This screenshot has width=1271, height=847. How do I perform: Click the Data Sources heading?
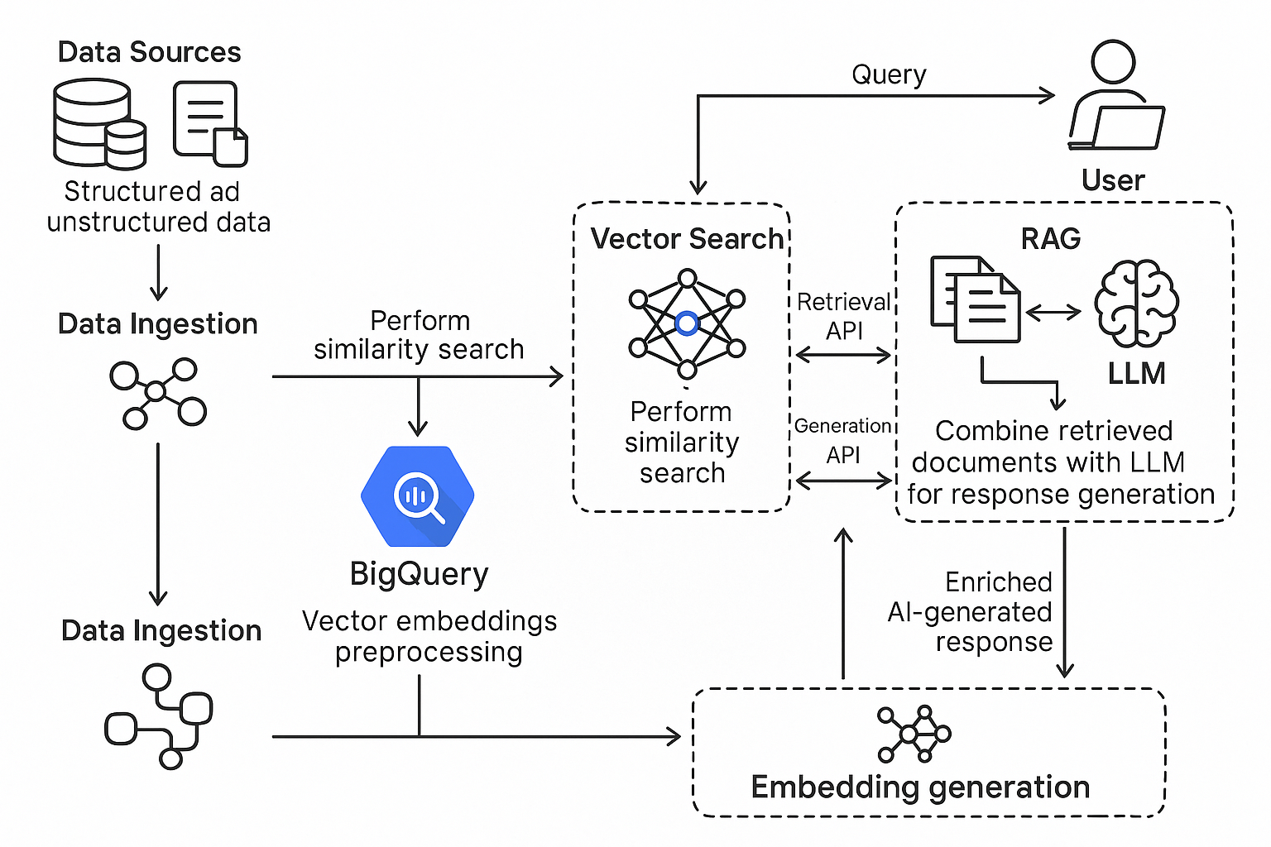click(x=149, y=52)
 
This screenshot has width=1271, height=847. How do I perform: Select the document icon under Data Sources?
click(x=209, y=123)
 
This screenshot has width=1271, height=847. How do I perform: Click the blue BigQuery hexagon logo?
click(x=418, y=496)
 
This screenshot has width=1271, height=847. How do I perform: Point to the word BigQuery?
click(x=419, y=574)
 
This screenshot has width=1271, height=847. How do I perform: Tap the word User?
click(x=1113, y=180)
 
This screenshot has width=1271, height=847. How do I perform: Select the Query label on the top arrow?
click(x=889, y=74)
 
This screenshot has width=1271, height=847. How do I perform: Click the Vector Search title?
click(x=686, y=239)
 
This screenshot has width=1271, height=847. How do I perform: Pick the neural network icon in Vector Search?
click(x=687, y=323)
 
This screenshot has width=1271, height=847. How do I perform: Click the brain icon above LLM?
click(x=1136, y=304)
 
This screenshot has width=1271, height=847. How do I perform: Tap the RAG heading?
click(x=1051, y=239)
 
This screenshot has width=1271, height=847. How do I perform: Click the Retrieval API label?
click(x=843, y=316)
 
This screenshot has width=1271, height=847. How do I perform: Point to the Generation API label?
click(x=842, y=441)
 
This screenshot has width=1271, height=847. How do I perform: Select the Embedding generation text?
click(x=920, y=787)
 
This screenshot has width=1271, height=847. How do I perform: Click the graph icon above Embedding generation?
click(x=914, y=734)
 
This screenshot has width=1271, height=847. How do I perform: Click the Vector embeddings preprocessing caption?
click(x=429, y=636)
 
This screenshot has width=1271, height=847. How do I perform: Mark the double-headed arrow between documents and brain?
click(x=1053, y=312)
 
